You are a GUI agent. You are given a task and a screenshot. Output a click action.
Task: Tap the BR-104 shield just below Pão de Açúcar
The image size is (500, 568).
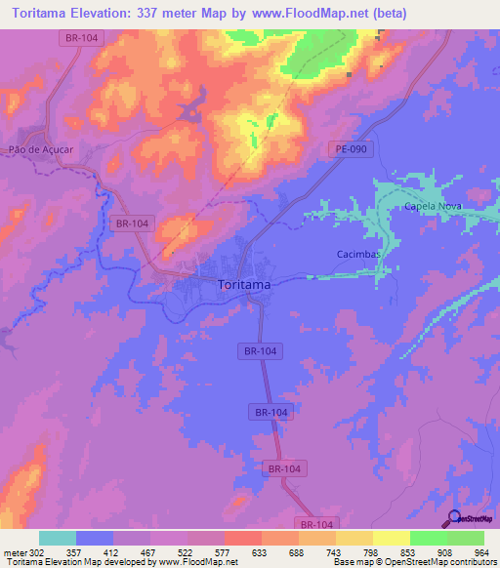click(132, 223)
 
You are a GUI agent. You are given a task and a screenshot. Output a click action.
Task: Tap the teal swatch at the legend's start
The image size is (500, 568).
click(58, 538)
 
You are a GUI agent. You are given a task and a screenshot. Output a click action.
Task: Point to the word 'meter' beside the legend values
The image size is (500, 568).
click(15, 552)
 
